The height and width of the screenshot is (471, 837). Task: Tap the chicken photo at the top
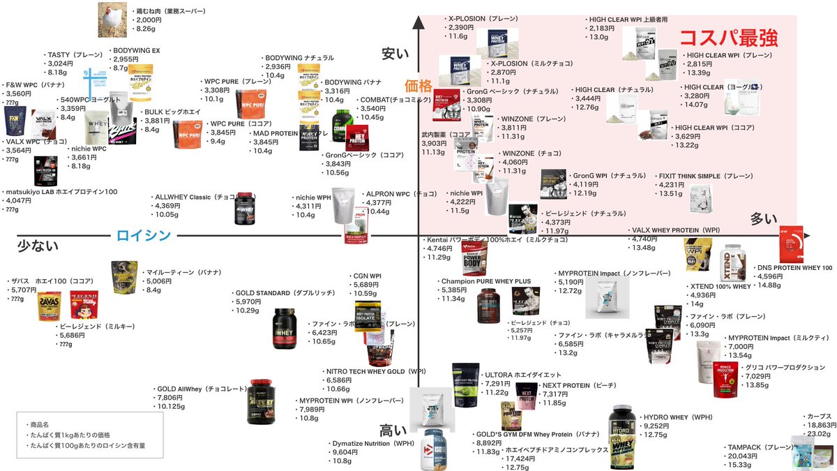pos(113,20)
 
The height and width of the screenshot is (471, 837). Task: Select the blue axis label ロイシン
pos(143,236)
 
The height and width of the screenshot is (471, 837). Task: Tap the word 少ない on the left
pos(37,246)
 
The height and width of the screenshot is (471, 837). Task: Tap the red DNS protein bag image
pos(794,244)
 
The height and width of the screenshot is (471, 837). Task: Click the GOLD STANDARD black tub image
pos(284,328)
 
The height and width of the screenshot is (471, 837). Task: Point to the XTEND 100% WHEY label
pos(721,287)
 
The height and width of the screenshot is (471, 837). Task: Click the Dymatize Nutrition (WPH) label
pos(374,443)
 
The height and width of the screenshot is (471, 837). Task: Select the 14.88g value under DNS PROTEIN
pos(769,285)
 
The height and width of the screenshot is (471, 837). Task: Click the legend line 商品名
pos(39,424)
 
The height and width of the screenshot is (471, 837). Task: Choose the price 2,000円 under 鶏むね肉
pos(149,20)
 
